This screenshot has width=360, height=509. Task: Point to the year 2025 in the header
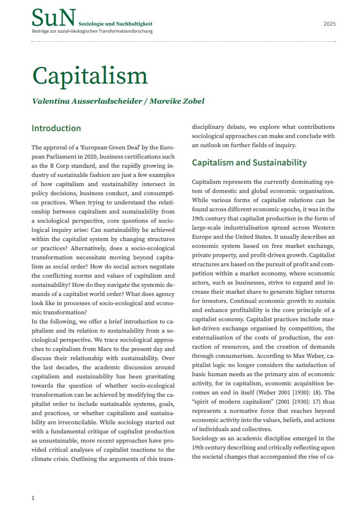point(330,24)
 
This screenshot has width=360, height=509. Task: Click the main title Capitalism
point(90,76)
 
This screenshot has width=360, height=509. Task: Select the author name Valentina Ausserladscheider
point(87,101)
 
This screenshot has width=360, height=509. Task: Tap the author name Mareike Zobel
point(177,101)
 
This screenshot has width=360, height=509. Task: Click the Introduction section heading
point(56,128)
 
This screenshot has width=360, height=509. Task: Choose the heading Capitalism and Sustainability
point(249,163)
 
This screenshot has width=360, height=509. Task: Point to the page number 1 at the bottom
point(33,498)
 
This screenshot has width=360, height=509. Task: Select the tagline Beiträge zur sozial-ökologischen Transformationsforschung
point(92,31)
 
